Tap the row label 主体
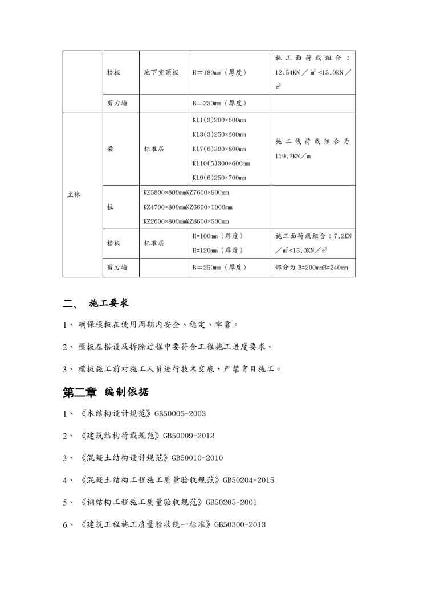click(74, 195)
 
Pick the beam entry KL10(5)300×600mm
click(221, 163)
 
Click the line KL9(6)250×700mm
click(219, 178)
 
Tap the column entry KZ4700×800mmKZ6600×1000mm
click(187, 207)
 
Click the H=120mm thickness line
click(218, 250)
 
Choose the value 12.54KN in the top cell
click(288, 73)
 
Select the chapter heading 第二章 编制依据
click(106, 392)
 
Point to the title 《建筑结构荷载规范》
click(121, 436)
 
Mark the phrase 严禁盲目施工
click(251, 369)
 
